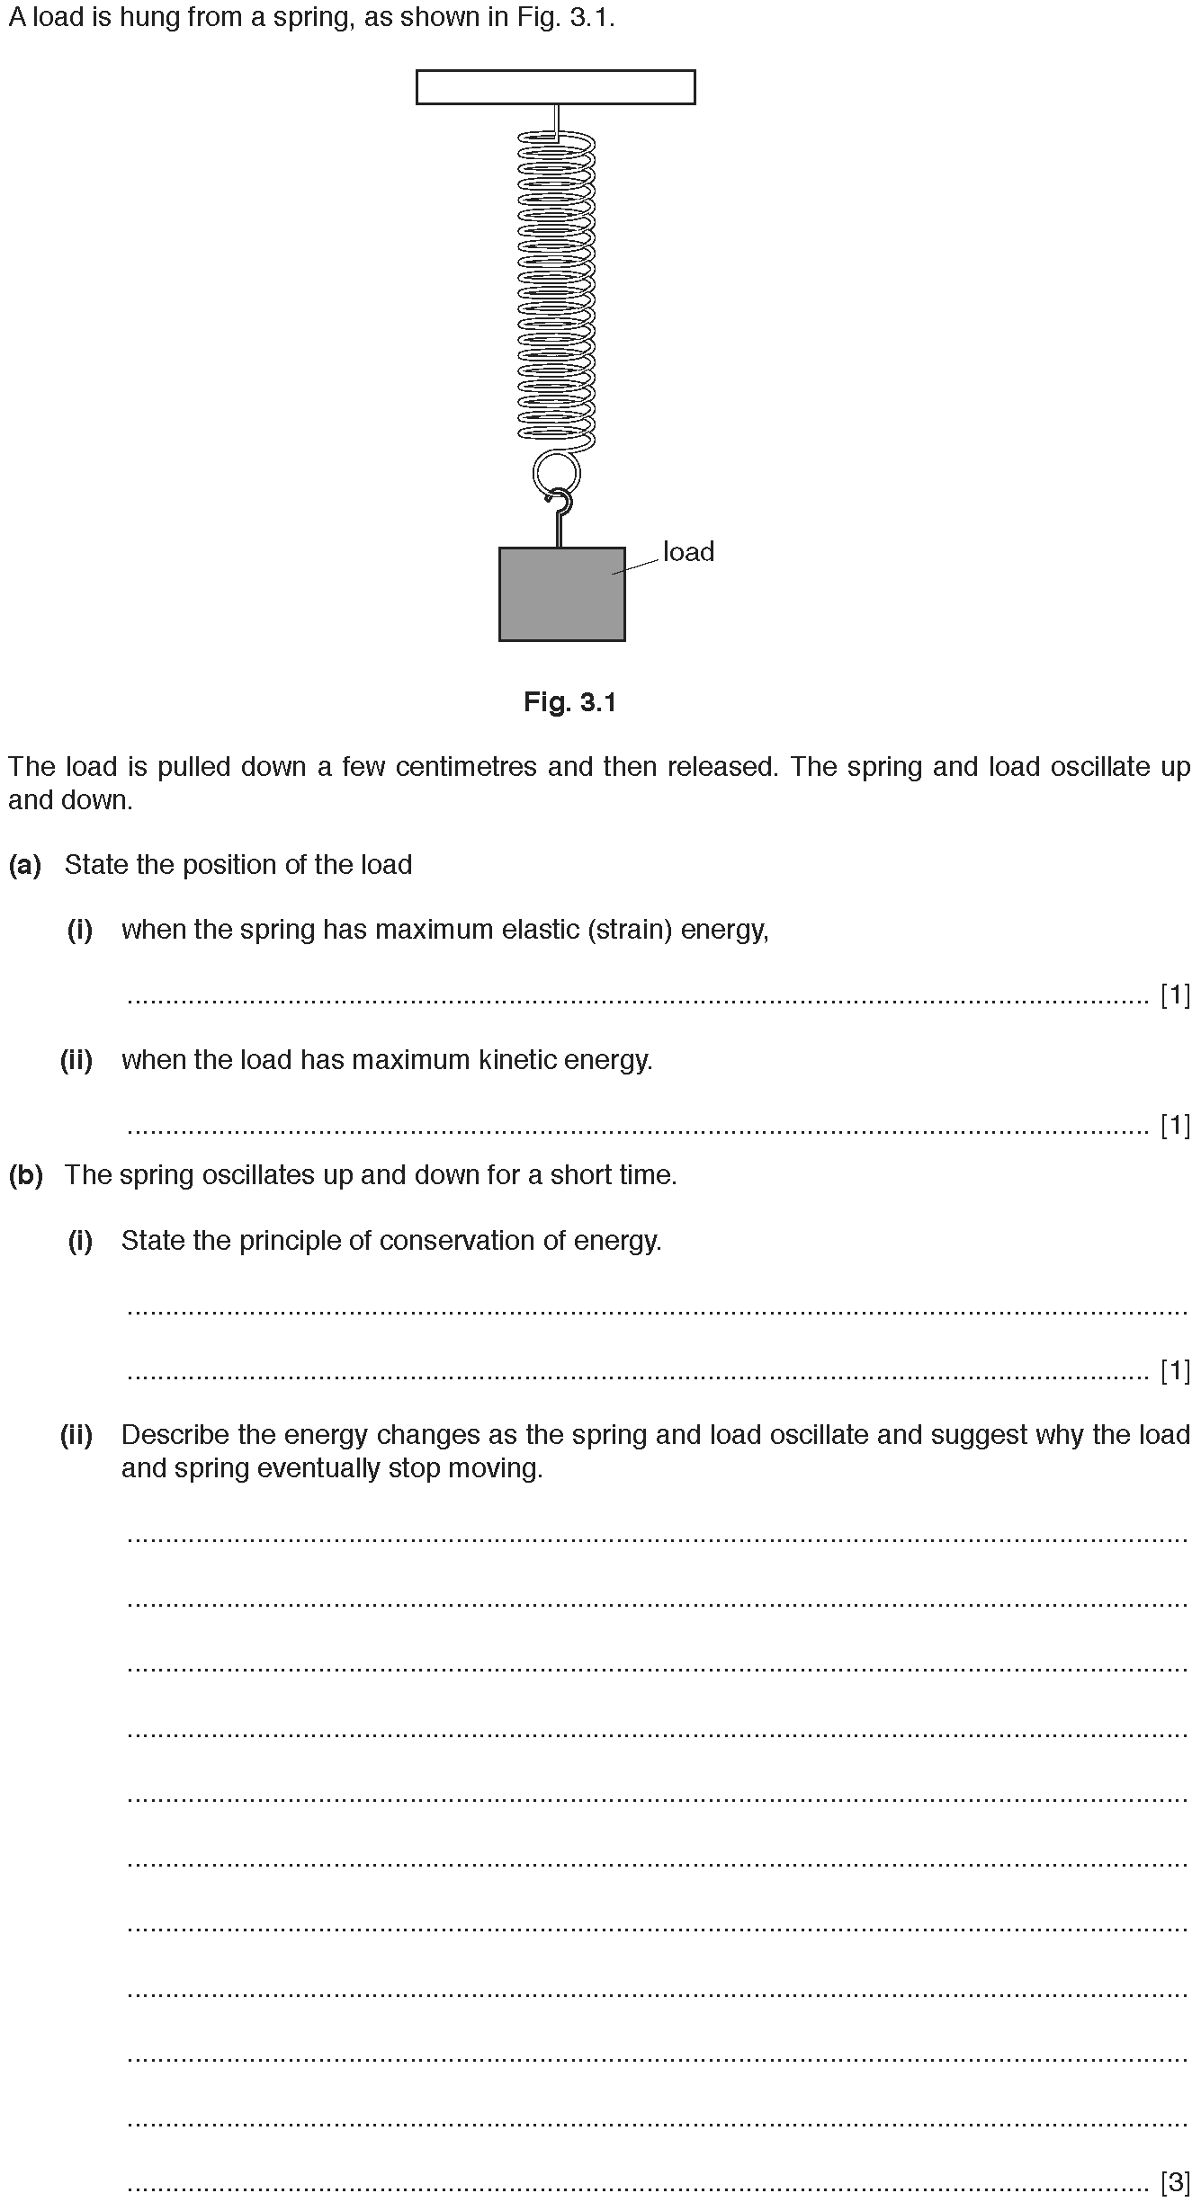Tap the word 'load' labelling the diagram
tap(688, 552)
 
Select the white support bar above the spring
tap(555, 87)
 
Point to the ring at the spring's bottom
tap(555, 471)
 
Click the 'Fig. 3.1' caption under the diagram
tap(569, 702)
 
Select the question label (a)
tap(25, 865)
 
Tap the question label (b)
tap(25, 1175)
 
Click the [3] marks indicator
tap(1175, 2181)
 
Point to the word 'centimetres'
tap(462, 767)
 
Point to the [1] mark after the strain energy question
tap(1175, 995)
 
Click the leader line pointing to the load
tap(635, 566)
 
